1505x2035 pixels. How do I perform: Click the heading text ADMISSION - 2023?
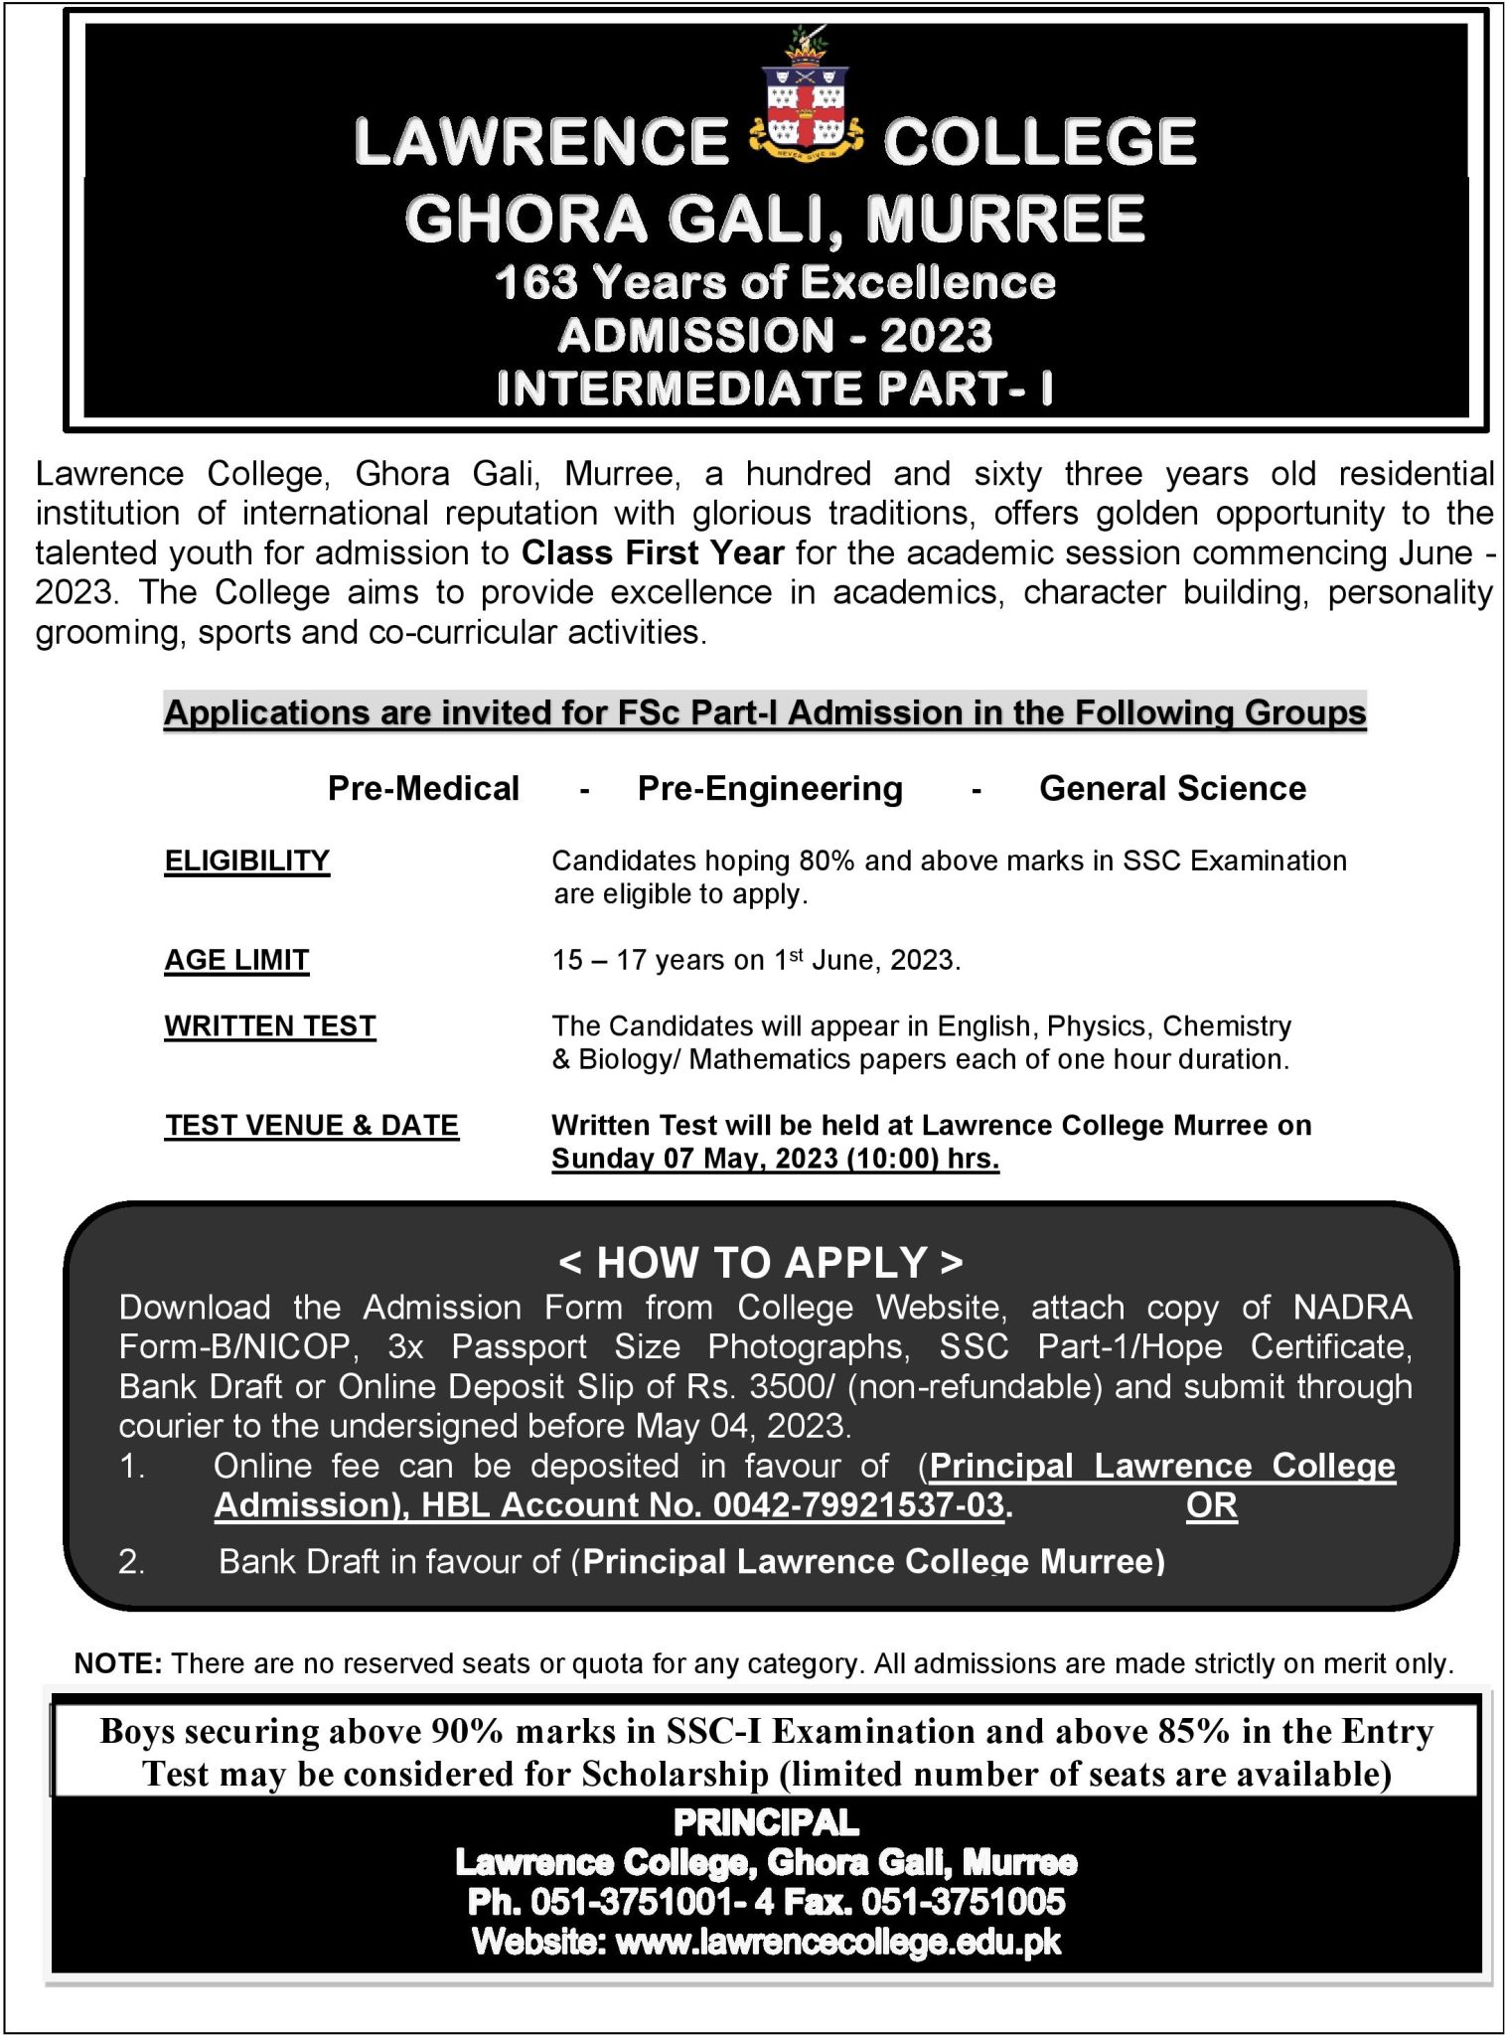click(x=775, y=336)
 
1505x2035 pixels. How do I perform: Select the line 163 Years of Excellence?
click(x=775, y=284)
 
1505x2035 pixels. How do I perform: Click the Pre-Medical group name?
click(x=423, y=789)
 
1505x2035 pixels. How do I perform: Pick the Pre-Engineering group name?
click(x=770, y=789)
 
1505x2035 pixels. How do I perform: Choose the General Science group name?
click(x=1172, y=789)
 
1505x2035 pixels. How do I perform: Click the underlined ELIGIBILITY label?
click(x=246, y=861)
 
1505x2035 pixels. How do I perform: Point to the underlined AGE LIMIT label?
click(x=236, y=960)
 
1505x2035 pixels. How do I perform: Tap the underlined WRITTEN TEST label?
click(x=270, y=1025)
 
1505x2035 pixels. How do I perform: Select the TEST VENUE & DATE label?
click(x=312, y=1125)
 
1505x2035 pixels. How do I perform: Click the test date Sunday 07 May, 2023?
click(x=695, y=1160)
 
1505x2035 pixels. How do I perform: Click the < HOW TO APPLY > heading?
click(x=761, y=1262)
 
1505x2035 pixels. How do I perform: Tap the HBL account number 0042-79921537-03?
click(x=858, y=1505)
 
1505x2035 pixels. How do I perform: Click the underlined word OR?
click(x=1211, y=1505)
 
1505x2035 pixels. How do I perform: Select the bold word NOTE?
click(x=118, y=1663)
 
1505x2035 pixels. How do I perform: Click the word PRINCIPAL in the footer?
click(x=766, y=1822)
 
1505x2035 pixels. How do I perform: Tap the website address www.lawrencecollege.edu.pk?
click(x=838, y=1942)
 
